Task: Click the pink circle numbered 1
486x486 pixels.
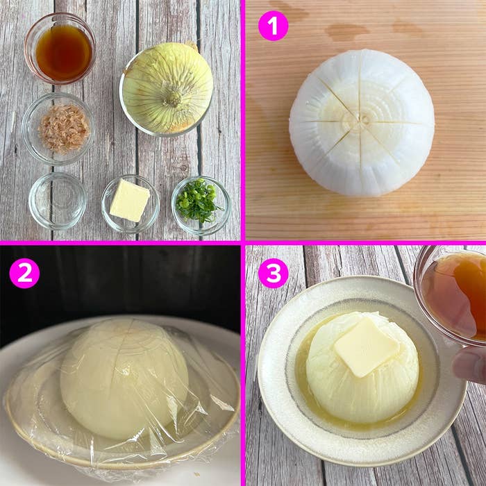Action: click(273, 26)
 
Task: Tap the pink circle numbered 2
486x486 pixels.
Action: click(24, 273)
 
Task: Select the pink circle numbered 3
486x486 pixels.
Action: click(273, 273)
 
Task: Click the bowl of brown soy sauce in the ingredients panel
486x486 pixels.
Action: click(60, 49)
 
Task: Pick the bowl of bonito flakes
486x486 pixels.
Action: click(58, 128)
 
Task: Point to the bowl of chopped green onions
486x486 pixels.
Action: click(201, 206)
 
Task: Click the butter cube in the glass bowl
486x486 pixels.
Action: click(130, 200)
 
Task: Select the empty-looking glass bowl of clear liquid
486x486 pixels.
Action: click(58, 201)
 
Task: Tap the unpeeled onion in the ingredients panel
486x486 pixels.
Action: click(167, 87)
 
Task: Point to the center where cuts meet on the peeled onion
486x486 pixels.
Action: click(361, 119)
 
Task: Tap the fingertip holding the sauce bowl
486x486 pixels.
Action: click(469, 366)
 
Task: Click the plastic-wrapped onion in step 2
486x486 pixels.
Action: click(124, 378)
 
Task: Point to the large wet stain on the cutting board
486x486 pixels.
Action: click(346, 32)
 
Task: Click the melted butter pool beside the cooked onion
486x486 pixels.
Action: click(305, 381)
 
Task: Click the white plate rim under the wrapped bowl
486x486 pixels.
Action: click(31, 459)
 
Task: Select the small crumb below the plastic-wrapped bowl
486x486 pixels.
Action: click(196, 474)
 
